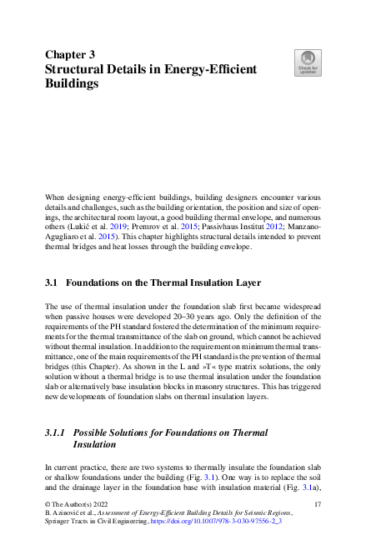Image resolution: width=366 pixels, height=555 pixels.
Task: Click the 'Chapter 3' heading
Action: pyautogui.click(x=70, y=54)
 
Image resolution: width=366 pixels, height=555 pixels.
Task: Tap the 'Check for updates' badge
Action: pyautogui.click(x=308, y=62)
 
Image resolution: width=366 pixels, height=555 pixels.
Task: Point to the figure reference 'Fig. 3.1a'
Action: pyautogui.click(x=302, y=494)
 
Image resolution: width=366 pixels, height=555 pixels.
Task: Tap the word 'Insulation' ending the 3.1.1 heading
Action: pyautogui.click(x=96, y=446)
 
